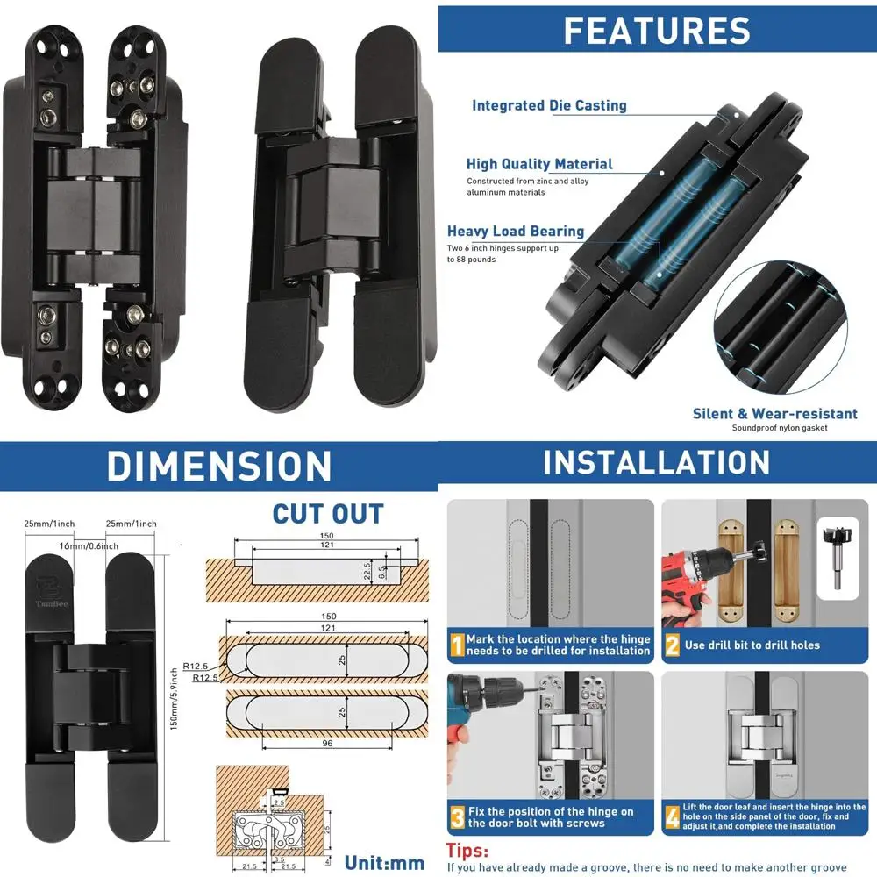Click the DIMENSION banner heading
click(x=218, y=466)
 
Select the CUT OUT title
click(x=327, y=513)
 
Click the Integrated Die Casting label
click(x=549, y=105)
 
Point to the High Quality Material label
click(x=539, y=164)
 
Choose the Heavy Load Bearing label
click(x=516, y=232)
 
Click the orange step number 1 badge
click(x=457, y=645)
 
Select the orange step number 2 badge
click(x=672, y=645)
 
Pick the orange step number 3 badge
click(x=457, y=817)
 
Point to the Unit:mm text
click(x=384, y=863)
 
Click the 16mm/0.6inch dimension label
click(x=90, y=545)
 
